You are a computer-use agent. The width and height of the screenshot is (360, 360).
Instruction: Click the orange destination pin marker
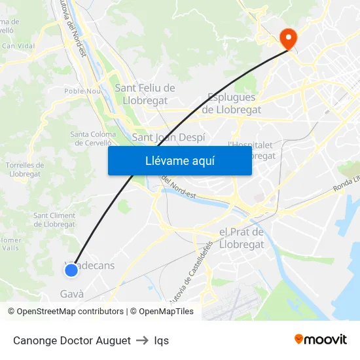point(288,38)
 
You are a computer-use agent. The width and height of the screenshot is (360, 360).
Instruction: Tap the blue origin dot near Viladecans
point(71,270)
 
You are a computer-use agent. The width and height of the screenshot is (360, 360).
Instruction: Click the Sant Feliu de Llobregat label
point(145,94)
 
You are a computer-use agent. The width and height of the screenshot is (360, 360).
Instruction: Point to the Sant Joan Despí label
point(168,137)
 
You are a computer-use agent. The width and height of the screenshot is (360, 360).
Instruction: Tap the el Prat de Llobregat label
point(242,238)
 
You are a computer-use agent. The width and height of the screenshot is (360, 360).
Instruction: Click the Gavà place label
point(72,294)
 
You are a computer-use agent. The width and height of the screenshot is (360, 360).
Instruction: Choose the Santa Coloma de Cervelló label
point(93,139)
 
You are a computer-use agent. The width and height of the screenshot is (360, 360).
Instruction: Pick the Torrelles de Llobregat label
point(24,170)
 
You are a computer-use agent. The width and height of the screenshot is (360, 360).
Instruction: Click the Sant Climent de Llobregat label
point(54,220)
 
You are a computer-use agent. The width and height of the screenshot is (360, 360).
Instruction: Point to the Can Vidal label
point(18,46)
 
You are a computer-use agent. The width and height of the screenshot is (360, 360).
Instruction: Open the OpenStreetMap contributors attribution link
point(65,312)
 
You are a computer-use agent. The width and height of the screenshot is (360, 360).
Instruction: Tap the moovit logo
point(321,339)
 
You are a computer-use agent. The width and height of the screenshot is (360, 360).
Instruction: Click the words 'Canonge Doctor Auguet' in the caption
point(71,340)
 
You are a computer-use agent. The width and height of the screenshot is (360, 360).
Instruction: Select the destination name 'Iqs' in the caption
point(162,340)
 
